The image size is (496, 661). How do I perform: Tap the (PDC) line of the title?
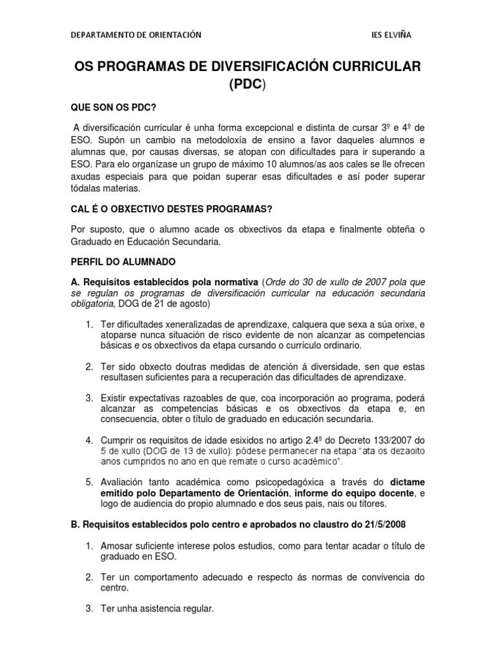[247, 85]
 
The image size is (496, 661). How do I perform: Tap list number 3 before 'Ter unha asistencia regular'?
[90, 608]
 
